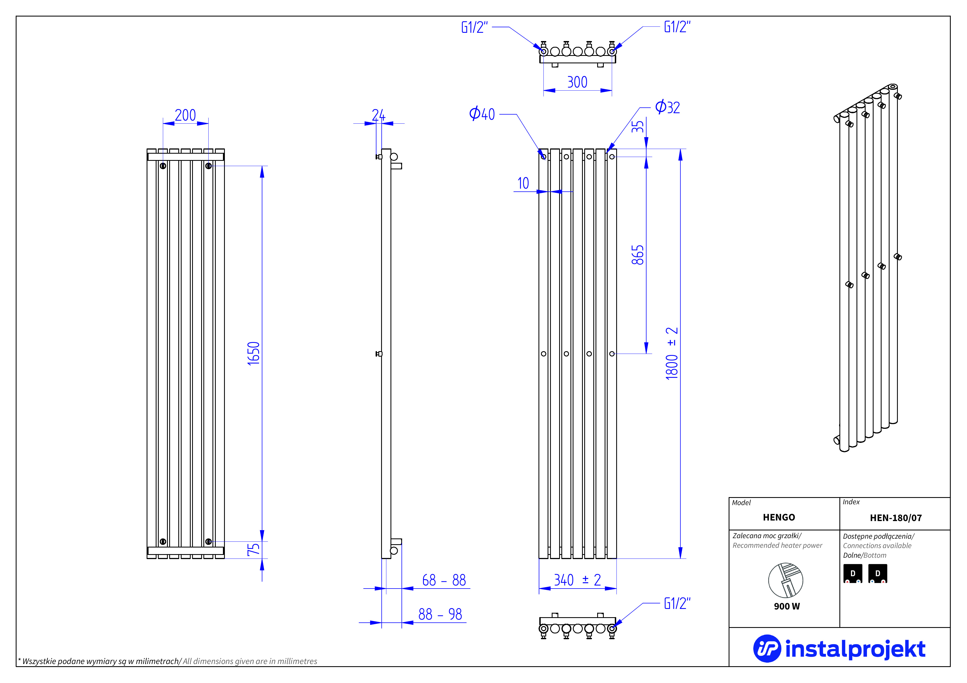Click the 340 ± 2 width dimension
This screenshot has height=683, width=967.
(577, 580)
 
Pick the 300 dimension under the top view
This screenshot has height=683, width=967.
(577, 82)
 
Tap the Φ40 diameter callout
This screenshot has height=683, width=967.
(482, 114)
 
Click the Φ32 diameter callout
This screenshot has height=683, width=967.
(667, 107)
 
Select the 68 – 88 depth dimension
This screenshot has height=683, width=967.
(444, 580)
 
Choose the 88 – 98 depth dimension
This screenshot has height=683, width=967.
(440, 614)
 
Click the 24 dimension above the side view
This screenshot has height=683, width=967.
(378, 115)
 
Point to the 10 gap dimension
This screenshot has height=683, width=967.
(523, 183)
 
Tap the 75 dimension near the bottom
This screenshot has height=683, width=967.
(254, 549)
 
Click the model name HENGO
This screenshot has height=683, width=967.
(779, 517)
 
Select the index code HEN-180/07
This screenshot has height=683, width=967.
(896, 517)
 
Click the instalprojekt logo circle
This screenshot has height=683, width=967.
(767, 649)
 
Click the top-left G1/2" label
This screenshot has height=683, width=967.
(475, 27)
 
